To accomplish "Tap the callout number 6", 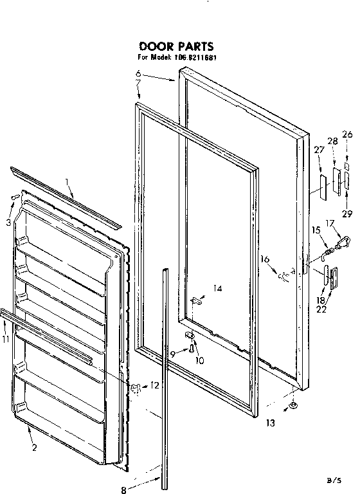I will click(138, 75).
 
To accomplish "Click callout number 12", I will click(154, 385).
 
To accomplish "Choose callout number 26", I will click(347, 134).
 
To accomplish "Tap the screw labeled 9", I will click(192, 348).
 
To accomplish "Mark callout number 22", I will click(321, 309).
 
